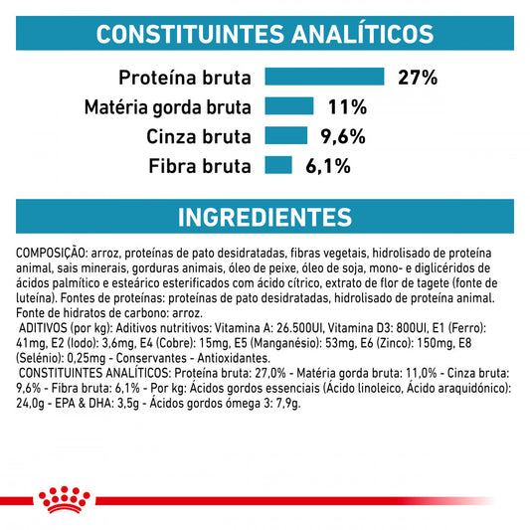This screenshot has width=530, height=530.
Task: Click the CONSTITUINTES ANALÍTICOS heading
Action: click(x=265, y=35)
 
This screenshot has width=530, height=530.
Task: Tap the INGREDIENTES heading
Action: click(x=265, y=217)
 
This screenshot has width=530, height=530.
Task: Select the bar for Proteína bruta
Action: click(x=324, y=77)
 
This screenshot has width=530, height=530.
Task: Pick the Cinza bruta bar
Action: click(x=285, y=136)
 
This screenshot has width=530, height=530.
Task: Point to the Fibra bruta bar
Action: click(x=277, y=166)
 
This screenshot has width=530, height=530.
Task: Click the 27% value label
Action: click(x=418, y=78)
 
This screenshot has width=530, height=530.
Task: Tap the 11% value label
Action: click(x=348, y=107)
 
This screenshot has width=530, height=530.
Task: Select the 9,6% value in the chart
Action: click(x=345, y=137)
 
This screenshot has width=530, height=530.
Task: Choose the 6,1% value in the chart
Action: click(x=328, y=167)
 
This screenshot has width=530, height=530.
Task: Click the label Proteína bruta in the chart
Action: click(x=185, y=78)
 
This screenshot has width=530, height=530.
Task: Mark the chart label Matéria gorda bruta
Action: click(x=167, y=107)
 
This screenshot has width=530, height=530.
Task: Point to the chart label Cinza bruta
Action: click(x=198, y=137)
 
